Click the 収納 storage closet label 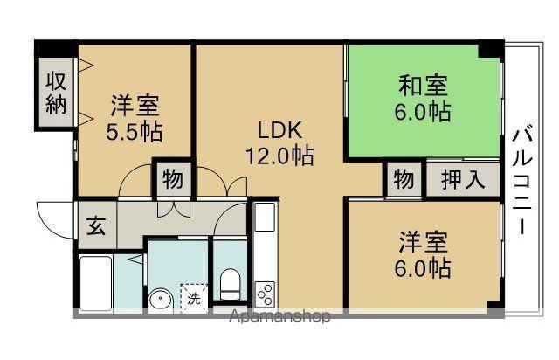click(56, 93)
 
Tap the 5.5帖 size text click(135, 132)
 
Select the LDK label click(279, 130)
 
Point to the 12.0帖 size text click(279, 156)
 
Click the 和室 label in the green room click(423, 86)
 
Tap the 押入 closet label click(463, 179)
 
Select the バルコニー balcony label click(522, 183)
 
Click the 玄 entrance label click(96, 225)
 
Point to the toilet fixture click(230, 284)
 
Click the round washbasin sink click(161, 301)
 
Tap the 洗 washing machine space click(194, 299)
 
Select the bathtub click(95, 283)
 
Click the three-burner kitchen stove click(265, 294)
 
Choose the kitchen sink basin click(266, 217)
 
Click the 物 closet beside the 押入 click(404, 179)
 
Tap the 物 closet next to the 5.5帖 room click(173, 179)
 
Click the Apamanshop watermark click(279, 316)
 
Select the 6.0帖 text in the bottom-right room click(423, 267)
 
